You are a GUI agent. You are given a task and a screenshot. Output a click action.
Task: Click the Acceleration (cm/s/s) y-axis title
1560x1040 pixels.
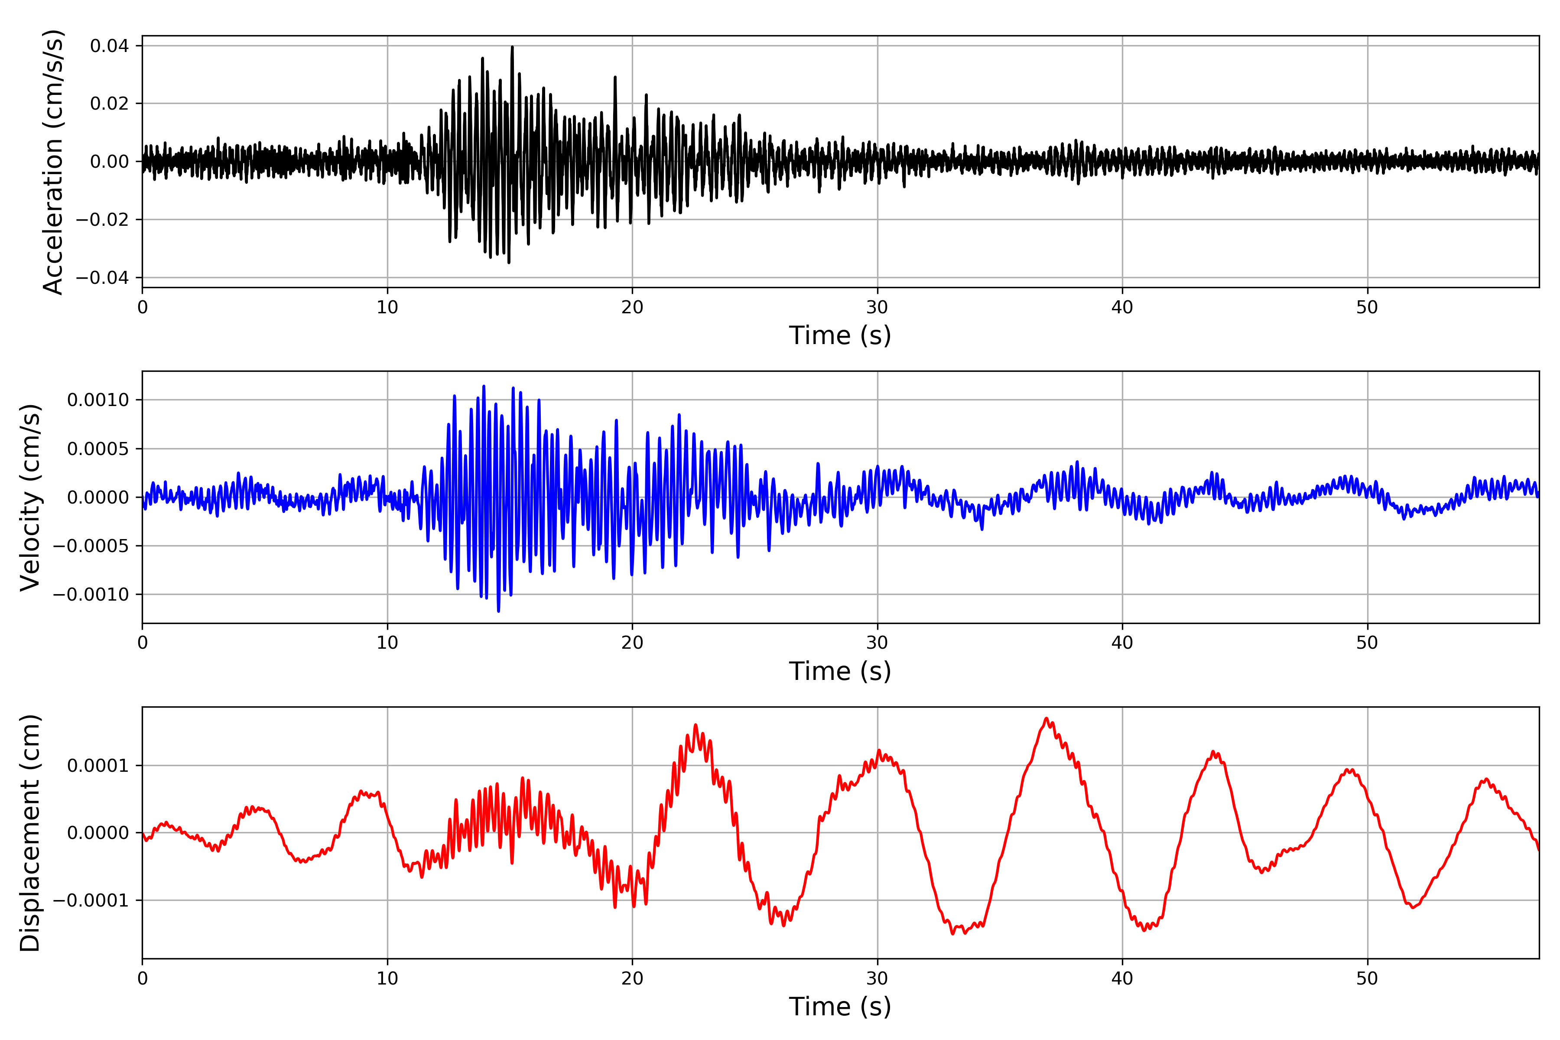53,162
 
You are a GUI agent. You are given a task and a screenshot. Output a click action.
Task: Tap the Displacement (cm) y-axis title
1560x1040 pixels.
30,833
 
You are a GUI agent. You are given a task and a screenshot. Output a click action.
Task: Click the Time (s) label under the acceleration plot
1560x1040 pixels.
840,335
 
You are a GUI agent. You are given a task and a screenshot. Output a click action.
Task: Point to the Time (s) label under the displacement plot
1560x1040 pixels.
840,1007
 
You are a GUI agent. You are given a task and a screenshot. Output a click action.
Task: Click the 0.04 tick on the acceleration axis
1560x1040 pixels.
110,46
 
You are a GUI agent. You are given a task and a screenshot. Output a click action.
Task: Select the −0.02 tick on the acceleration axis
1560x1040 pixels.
102,220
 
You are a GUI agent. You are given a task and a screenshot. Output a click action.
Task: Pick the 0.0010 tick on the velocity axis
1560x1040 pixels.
98,400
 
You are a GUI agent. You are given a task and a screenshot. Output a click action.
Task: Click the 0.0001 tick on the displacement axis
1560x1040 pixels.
98,766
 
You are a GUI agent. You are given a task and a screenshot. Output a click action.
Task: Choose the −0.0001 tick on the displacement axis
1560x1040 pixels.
91,901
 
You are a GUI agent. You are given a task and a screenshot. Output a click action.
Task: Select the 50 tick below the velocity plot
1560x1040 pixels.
1367,643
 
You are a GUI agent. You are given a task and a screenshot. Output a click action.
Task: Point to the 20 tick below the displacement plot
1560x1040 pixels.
632,978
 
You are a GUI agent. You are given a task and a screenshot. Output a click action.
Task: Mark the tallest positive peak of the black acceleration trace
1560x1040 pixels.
512,47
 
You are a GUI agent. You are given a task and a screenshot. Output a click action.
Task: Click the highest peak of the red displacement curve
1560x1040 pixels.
1046,718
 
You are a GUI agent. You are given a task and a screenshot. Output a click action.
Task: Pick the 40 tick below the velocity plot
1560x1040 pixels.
1122,643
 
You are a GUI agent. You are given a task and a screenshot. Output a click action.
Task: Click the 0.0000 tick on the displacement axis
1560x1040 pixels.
98,833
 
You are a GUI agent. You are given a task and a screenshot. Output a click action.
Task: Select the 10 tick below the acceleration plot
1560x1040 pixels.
387,308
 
